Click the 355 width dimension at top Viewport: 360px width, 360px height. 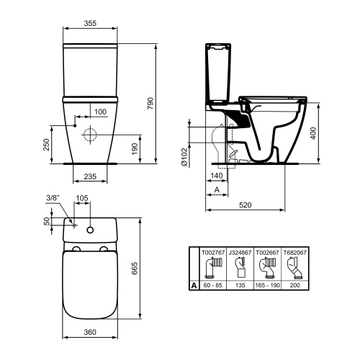90,23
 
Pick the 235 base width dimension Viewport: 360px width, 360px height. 90,175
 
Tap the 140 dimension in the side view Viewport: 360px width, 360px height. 216,176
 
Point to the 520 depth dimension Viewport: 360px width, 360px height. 246,205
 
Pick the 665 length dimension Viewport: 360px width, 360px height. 134,269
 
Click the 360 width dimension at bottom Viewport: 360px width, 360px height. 90,333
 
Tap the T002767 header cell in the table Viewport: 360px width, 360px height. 212,253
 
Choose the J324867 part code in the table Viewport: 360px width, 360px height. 240,253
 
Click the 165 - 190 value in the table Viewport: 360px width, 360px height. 269,284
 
